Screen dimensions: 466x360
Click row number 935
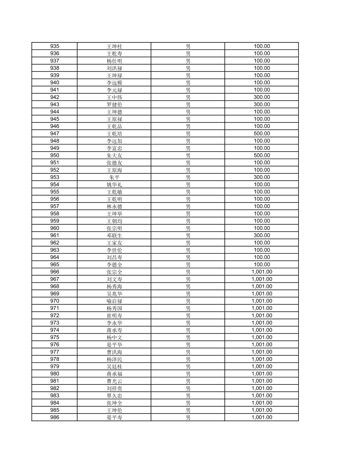tap(55, 46)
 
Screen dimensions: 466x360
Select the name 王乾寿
tap(114, 54)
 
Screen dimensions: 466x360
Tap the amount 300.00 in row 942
tap(262, 97)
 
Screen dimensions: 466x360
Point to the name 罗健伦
tap(114, 105)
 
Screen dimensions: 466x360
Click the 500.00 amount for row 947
tap(262, 133)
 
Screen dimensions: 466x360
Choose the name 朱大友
tap(114, 156)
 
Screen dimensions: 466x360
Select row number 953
tap(55, 177)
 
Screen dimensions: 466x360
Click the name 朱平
tap(114, 177)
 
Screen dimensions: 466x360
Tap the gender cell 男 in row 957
tap(188, 206)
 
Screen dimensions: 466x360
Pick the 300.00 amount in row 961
tap(262, 235)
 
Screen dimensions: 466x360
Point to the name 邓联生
tap(114, 235)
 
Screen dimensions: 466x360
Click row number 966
tap(55, 272)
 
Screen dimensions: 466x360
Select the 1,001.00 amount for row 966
tap(262, 272)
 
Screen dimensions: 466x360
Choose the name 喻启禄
tap(114, 301)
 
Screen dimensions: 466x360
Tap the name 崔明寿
tap(114, 316)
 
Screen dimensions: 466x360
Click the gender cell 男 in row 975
tap(188, 338)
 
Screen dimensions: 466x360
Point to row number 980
tap(55, 374)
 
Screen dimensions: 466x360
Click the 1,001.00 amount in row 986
tap(262, 417)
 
